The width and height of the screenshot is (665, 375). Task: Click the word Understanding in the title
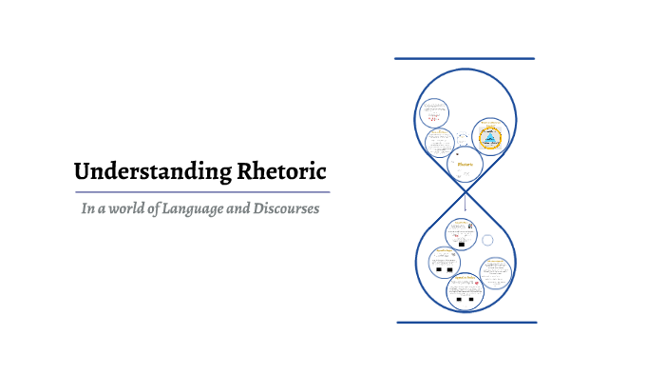144,172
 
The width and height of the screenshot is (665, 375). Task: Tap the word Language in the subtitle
206,207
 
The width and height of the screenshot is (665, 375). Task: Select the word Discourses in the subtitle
284,207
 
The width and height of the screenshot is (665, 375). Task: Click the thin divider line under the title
202,192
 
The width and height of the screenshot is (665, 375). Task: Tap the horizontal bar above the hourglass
465,59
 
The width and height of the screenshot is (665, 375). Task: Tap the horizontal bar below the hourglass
465,322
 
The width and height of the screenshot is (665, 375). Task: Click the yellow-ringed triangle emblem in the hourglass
489,137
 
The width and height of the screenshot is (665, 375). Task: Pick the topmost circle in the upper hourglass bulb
434,114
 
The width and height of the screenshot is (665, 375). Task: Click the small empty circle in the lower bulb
487,240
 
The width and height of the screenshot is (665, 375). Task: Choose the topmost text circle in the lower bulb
463,231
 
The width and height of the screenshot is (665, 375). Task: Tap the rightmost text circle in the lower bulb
495,273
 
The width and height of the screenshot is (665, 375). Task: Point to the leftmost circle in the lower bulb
442,262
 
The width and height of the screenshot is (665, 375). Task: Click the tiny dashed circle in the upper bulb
463,138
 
